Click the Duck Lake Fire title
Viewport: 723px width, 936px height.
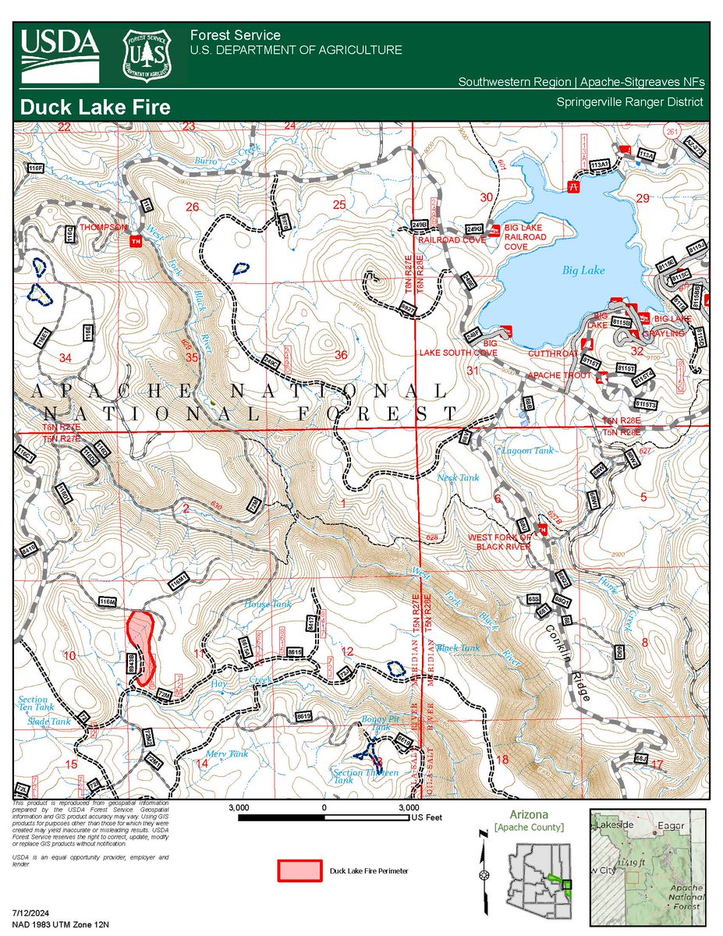(95, 108)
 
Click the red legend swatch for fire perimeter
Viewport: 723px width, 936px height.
(299, 870)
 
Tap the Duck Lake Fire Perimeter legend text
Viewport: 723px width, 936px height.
(369, 870)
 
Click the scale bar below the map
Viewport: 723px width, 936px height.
(323, 818)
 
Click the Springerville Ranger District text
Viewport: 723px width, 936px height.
(629, 102)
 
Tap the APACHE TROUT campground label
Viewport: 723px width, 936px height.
(560, 376)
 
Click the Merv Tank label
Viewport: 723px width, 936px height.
(227, 754)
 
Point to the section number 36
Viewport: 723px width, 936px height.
(340, 356)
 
